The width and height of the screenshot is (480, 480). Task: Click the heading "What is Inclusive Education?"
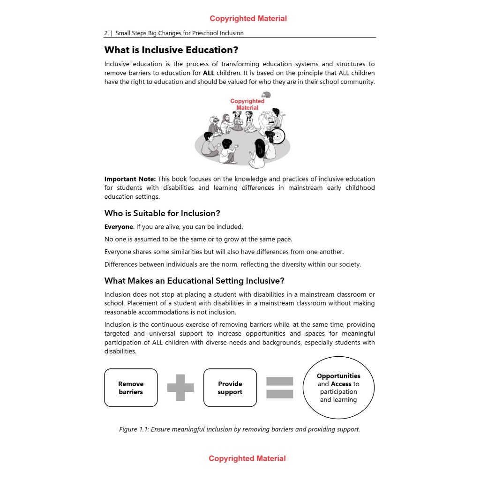[171, 50]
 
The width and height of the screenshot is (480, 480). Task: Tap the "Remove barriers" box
[131, 388]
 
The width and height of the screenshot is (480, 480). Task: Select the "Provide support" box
[230, 388]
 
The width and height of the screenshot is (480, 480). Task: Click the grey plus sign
[180, 388]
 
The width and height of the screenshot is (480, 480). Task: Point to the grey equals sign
[280, 388]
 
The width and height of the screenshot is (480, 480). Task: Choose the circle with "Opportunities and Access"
[338, 388]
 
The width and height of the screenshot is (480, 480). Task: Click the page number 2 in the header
[106, 33]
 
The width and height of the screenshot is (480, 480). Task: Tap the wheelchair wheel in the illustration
[278, 136]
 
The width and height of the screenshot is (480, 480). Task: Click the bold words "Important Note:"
[130, 179]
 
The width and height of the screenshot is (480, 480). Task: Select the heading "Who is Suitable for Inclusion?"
[162, 213]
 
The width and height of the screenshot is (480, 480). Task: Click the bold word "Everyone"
[119, 227]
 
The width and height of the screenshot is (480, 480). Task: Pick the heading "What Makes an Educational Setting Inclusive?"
[195, 281]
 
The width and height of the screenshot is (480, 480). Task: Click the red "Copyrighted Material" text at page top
[248, 19]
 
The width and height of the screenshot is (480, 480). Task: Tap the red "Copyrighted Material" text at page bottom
[247, 458]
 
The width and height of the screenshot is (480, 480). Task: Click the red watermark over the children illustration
[247, 105]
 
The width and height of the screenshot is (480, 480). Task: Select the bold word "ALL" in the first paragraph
[209, 73]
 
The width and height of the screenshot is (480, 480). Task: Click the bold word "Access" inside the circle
[341, 384]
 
